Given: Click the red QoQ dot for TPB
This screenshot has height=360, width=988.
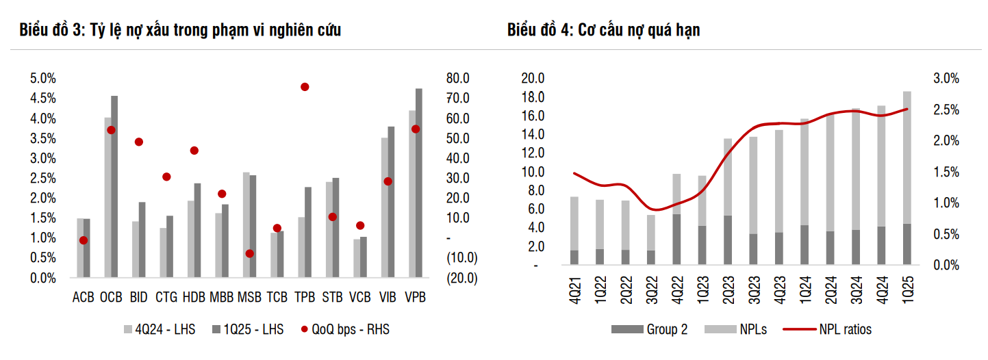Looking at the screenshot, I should (x=305, y=87).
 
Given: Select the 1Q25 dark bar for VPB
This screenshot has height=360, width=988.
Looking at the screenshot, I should (x=419, y=183).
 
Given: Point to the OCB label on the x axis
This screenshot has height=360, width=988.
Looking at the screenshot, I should (x=111, y=297).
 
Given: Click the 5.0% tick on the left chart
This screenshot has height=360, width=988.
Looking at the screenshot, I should (x=42, y=79).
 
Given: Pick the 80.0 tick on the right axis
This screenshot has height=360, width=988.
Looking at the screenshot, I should (x=457, y=79).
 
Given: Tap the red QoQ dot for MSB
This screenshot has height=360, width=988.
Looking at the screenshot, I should (x=250, y=253).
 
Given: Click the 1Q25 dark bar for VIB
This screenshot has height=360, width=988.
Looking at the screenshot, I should (x=391, y=202).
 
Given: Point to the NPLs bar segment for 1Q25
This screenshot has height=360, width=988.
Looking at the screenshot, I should (x=907, y=157).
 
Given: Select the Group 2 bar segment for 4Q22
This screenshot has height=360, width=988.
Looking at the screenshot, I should (x=676, y=240).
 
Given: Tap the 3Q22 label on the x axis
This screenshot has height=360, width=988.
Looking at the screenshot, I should (x=651, y=292).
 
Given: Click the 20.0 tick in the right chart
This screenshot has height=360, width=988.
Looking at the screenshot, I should (x=532, y=79).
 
